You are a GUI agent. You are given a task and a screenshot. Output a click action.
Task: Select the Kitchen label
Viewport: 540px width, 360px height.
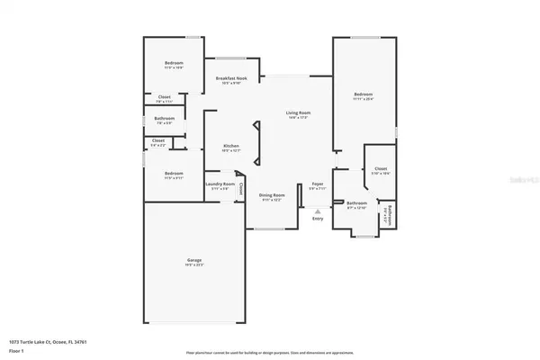click(x=230, y=147)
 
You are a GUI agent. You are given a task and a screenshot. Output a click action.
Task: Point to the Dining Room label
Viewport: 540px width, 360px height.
click(x=273, y=195)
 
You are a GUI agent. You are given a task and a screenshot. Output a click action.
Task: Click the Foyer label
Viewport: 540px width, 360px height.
click(x=317, y=184)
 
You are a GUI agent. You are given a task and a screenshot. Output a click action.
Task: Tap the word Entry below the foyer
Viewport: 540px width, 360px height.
click(x=317, y=219)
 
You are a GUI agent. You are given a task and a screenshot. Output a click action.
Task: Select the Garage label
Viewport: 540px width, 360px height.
click(x=193, y=264)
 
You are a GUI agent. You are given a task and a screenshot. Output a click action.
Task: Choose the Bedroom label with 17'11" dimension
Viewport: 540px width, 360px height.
click(x=363, y=94)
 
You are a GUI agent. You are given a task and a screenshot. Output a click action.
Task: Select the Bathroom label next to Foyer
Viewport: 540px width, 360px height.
click(x=357, y=203)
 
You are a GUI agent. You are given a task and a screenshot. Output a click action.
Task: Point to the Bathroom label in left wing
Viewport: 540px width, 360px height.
click(x=164, y=119)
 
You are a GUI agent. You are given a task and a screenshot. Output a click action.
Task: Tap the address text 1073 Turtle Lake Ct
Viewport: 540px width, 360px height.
click(x=42, y=341)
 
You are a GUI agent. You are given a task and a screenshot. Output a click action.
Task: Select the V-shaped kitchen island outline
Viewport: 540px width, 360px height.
click(x=257, y=140)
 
